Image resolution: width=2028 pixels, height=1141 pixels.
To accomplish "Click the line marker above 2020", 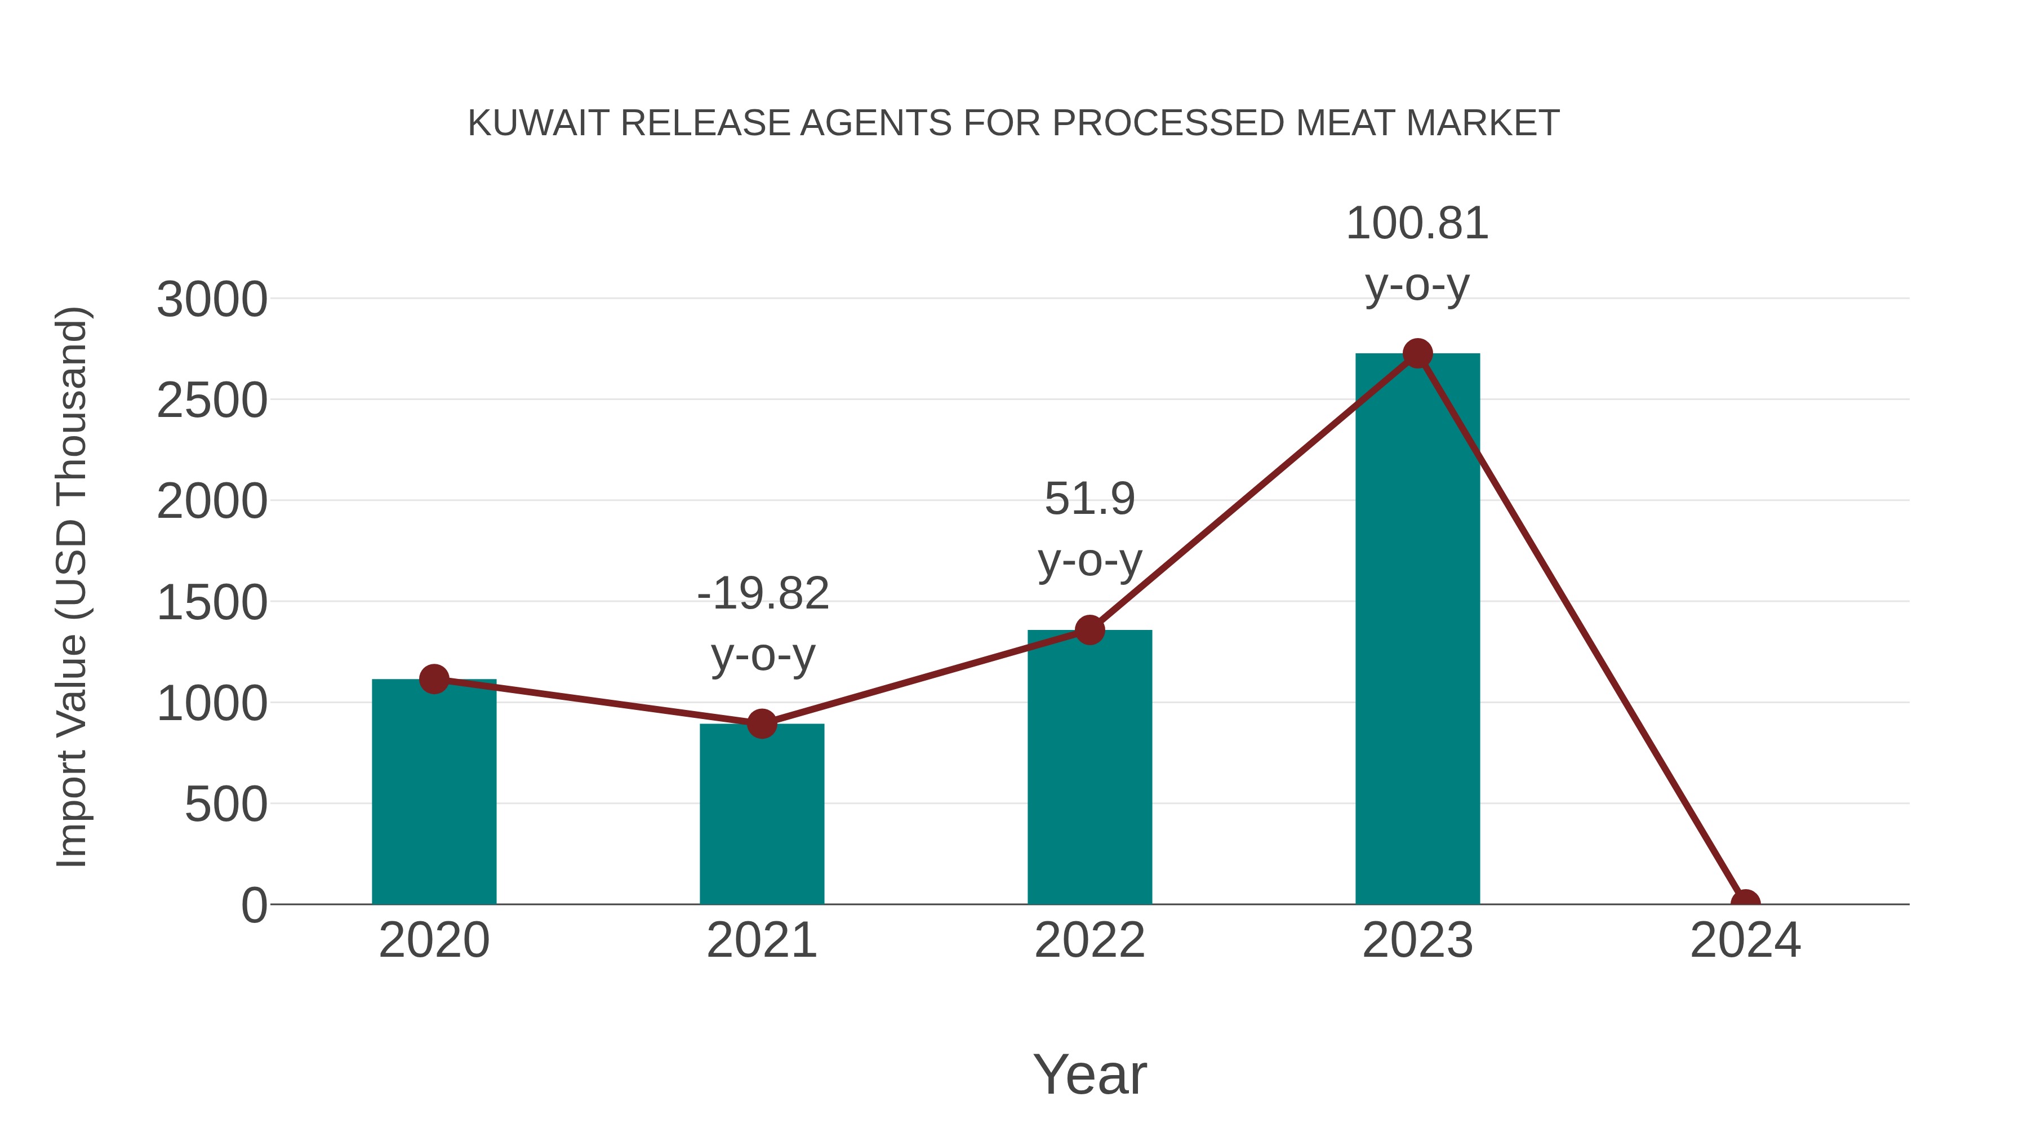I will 434,679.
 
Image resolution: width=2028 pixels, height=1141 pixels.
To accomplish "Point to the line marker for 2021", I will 761,723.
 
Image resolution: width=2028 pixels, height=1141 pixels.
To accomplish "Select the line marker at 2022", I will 1089,630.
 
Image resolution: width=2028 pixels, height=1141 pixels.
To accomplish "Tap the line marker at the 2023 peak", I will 1417,353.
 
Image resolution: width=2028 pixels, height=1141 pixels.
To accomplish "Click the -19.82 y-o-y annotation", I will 763,624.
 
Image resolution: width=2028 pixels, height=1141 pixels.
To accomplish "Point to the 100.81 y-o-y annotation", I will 1417,254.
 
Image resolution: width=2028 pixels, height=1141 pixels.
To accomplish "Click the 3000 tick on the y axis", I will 212,300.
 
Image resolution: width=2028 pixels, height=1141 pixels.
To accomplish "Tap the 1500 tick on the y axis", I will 212,603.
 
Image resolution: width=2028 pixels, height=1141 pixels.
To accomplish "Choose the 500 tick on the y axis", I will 226,805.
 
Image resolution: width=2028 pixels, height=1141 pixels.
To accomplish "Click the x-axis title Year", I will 1089,1074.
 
